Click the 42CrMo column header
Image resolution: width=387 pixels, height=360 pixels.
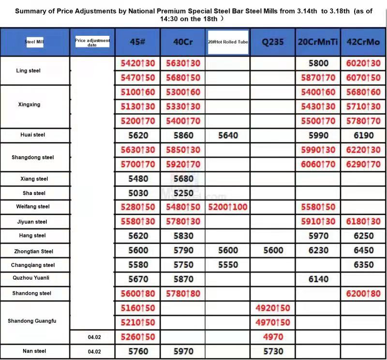[363, 42]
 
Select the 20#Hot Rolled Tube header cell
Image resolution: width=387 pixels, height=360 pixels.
[228, 42]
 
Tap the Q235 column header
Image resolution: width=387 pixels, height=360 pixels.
[272, 42]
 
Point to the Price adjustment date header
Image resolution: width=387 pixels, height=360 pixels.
[92, 42]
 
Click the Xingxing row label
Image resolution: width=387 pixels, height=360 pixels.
[29, 105]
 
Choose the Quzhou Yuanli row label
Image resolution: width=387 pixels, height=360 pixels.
[31, 278]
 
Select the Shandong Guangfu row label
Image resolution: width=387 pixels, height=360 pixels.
[32, 321]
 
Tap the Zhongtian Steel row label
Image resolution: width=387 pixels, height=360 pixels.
[33, 251]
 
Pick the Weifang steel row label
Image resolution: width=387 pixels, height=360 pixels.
[33, 207]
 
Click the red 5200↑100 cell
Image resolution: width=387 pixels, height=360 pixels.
[228, 207]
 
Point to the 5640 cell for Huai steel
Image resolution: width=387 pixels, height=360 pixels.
[228, 135]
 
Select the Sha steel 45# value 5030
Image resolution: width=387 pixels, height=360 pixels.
[138, 193]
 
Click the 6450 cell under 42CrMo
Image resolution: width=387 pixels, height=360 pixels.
[363, 251]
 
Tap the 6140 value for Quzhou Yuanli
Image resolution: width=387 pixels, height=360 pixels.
[318, 279]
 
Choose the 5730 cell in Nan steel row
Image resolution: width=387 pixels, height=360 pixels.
[273, 351]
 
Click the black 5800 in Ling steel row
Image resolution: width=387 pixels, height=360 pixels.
[318, 63]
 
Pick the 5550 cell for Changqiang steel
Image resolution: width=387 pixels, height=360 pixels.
[228, 265]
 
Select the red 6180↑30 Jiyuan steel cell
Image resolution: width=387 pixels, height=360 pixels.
[363, 222]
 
